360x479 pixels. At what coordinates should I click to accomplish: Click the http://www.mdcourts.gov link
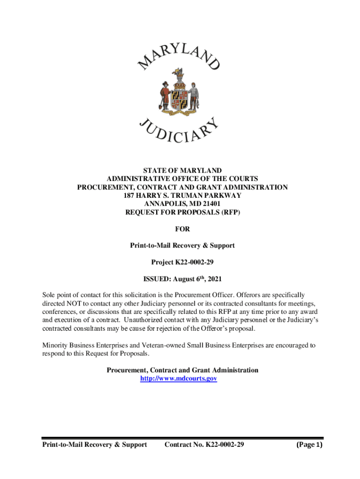179,378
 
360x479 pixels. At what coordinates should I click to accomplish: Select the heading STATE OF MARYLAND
182,170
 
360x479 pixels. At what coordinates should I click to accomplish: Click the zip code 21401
210,204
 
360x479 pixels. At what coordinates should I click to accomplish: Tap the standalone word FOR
182,229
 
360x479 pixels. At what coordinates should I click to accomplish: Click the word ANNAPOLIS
165,204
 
